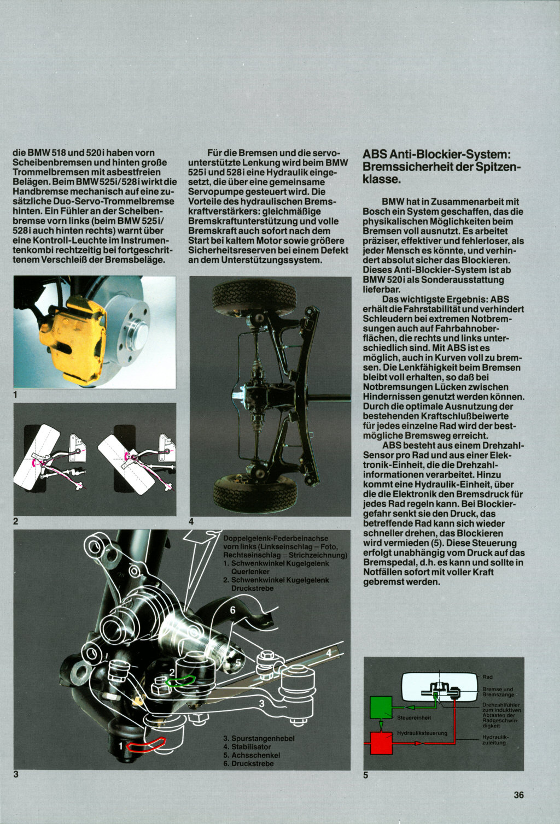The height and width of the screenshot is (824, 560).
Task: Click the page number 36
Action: [x=518, y=794]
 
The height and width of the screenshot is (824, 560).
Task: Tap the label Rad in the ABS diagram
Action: [x=487, y=677]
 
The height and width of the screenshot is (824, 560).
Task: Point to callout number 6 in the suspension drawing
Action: [x=232, y=610]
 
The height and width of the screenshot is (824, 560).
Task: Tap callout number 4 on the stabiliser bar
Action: [x=329, y=652]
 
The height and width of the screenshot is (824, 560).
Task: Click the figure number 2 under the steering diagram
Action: [x=16, y=521]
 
